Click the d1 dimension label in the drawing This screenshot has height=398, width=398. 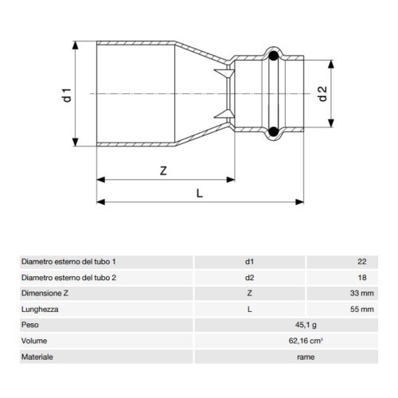(69, 94)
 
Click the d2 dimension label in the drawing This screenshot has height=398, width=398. (322, 94)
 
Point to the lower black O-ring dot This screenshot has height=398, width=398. (273, 131)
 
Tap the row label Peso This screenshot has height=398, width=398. (30, 325)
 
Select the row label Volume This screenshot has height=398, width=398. (34, 341)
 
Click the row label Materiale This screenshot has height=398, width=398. (37, 357)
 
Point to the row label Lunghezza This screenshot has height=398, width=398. (40, 309)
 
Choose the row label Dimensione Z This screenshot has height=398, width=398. (45, 293)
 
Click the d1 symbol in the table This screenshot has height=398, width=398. (249, 261)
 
